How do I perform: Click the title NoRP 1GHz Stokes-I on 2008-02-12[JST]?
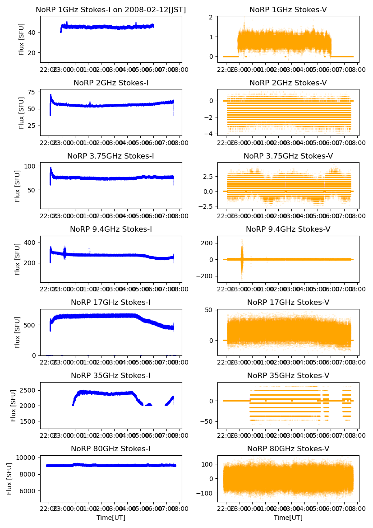pos(111,10)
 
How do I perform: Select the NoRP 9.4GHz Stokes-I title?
pos(111,229)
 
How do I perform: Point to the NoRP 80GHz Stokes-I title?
pos(111,449)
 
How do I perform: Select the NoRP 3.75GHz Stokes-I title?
pos(111,156)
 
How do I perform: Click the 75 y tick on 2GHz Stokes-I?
pos(32,92)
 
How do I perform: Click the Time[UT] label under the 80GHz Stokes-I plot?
pos(111,518)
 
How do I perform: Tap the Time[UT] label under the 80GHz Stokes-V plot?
pos(288,518)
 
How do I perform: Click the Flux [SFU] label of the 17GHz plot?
pos(18,332)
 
